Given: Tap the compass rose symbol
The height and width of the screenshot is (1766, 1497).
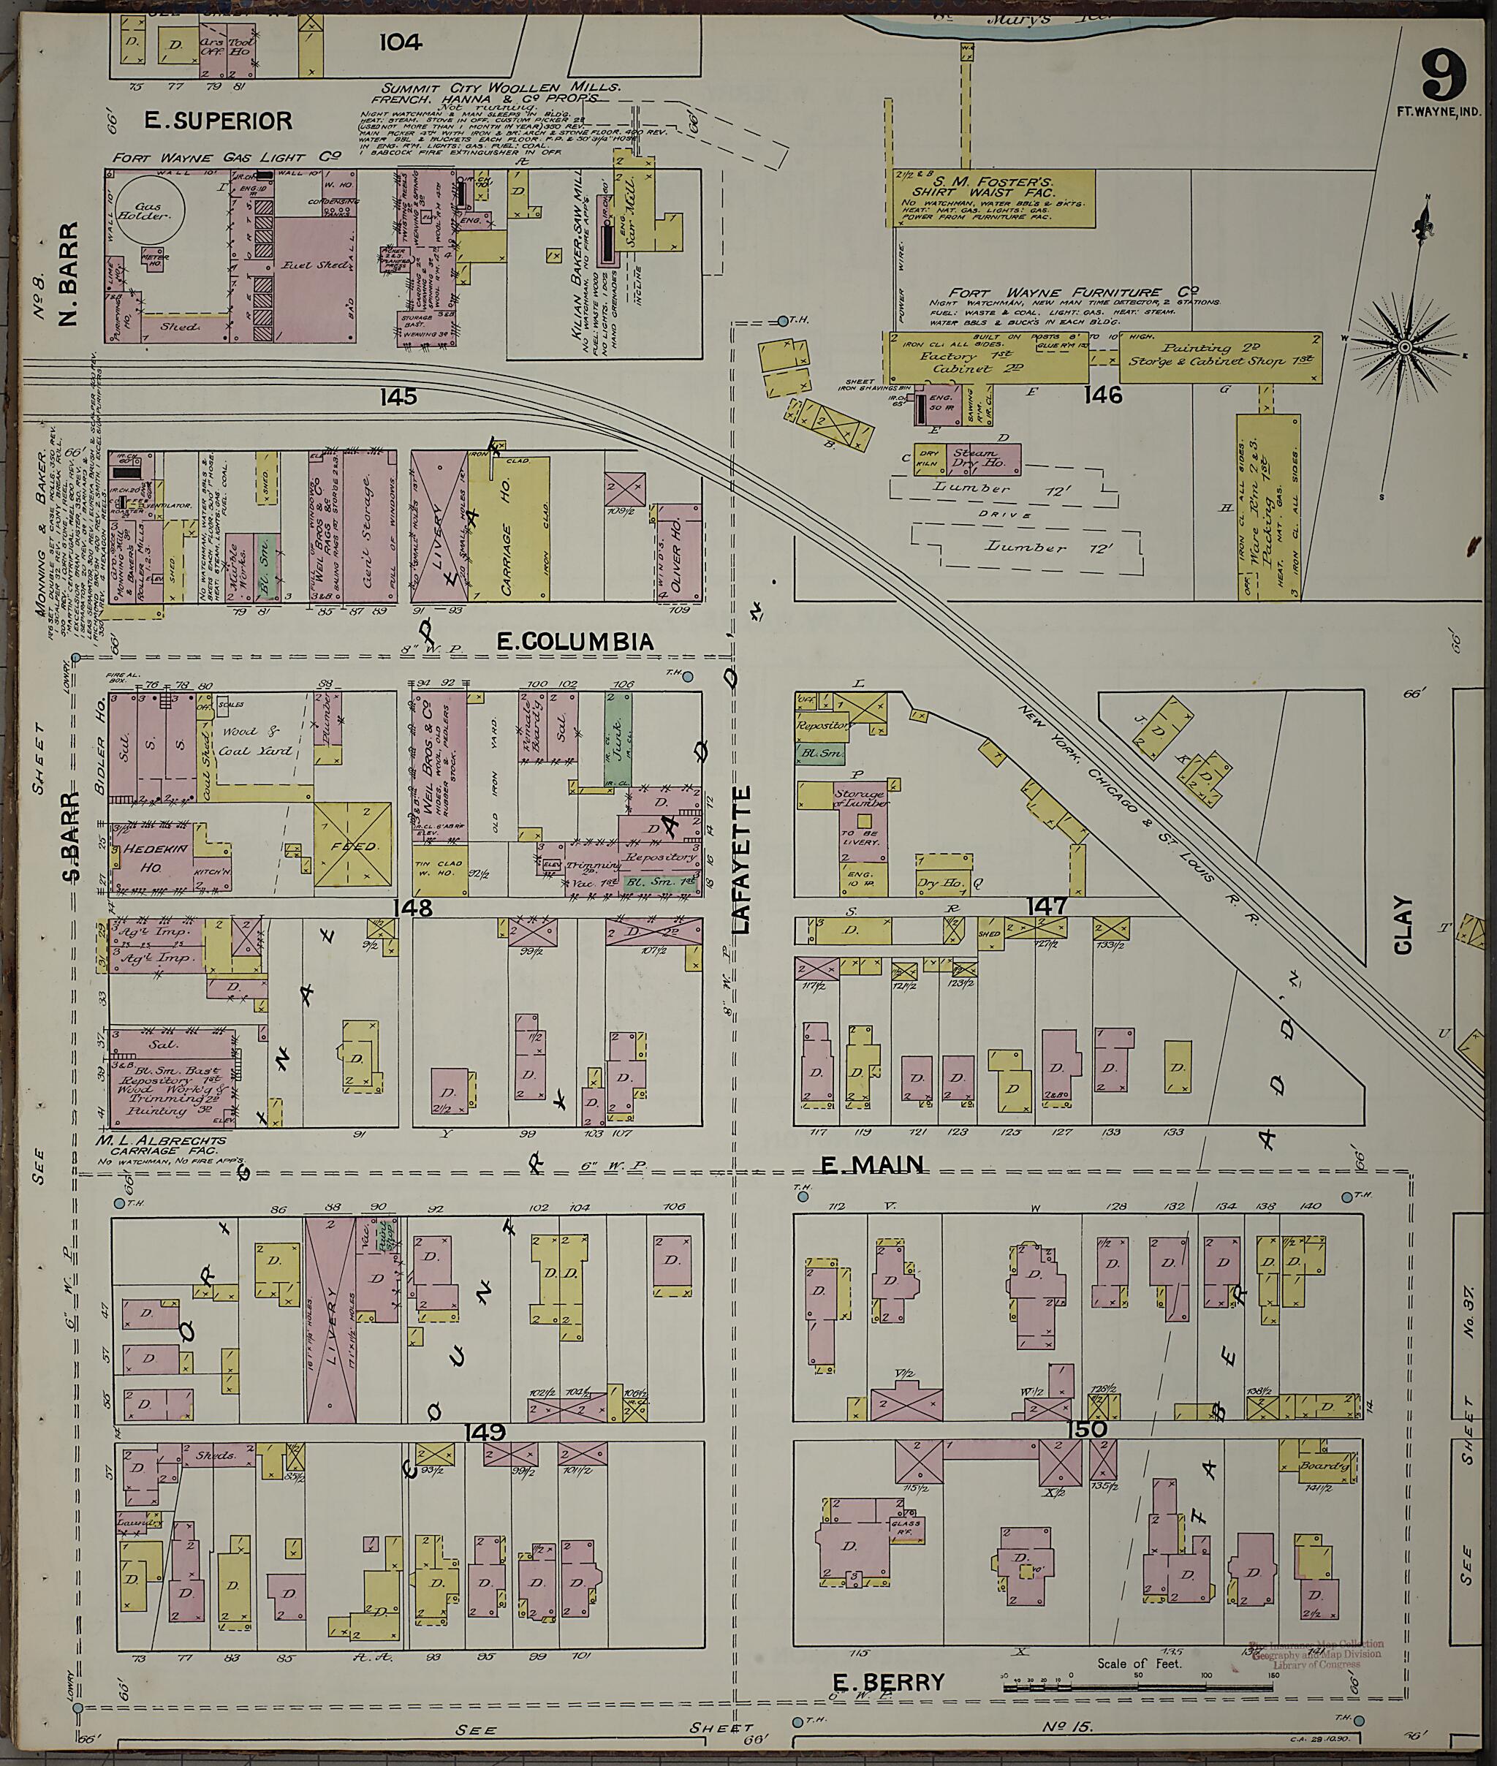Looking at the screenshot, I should [x=1403, y=346].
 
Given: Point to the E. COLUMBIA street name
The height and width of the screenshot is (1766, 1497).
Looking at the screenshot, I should [x=575, y=642].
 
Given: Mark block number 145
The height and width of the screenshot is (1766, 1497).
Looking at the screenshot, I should [x=399, y=396].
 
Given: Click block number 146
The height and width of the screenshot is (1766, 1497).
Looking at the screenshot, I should [x=1102, y=395].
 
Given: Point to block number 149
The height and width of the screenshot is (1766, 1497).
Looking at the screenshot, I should [x=485, y=1433].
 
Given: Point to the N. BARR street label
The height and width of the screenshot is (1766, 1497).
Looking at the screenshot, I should [x=68, y=273].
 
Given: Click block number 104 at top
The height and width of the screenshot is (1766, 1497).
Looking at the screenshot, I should [x=401, y=42].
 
